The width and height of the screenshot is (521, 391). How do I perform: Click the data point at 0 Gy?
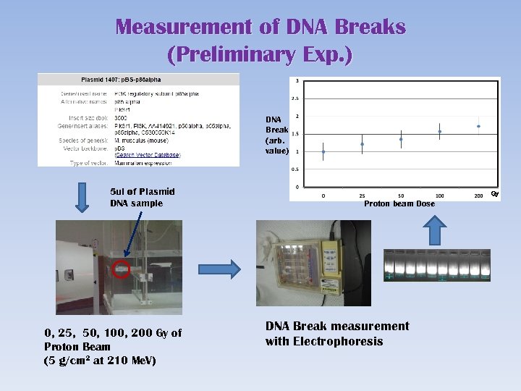coord(323,152)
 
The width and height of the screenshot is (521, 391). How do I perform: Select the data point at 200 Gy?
coord(478,126)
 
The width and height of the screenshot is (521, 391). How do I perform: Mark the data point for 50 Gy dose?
coord(401,139)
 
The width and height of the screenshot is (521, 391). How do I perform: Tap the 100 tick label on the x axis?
coord(439,196)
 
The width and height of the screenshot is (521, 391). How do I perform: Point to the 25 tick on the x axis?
coord(362,196)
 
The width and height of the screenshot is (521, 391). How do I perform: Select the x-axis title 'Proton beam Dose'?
coord(399,204)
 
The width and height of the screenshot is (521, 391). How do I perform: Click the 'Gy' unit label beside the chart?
coord(495,193)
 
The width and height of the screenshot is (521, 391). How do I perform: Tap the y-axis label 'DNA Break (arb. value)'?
coord(276,135)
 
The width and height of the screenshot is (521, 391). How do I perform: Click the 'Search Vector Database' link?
coord(148,154)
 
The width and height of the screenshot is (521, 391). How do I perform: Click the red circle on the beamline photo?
coord(122,271)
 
